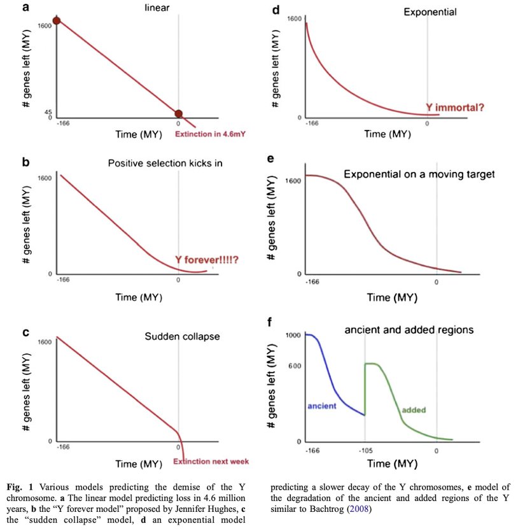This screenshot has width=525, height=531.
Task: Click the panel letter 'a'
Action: [25, 8]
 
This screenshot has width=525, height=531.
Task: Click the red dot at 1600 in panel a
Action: [57, 21]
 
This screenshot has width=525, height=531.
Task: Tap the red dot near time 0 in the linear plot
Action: [178, 113]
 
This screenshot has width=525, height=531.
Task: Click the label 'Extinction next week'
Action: [211, 462]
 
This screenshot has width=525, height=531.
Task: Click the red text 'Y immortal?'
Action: [454, 108]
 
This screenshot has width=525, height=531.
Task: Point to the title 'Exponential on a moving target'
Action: [419, 174]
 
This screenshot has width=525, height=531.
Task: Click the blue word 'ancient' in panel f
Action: [321, 406]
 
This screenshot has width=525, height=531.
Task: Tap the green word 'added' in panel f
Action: [413, 410]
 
